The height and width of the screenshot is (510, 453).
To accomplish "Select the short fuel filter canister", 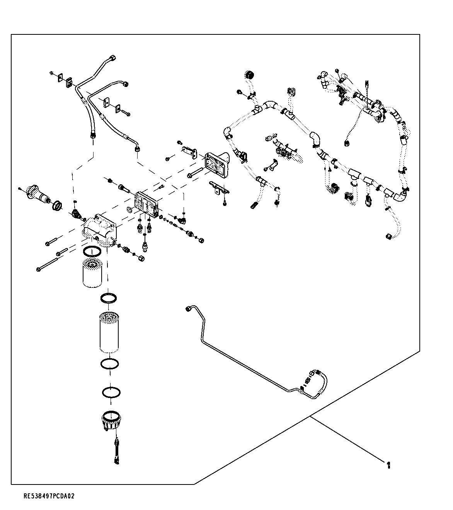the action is (92, 273).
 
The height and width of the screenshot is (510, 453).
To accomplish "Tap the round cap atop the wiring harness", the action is (249, 75).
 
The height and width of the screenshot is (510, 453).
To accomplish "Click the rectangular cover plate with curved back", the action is (217, 164).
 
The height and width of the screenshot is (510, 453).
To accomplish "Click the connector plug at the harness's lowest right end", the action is (389, 236).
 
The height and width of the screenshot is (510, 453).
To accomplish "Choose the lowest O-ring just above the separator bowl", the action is (111, 392).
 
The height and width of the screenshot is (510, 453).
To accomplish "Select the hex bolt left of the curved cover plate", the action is (196, 172).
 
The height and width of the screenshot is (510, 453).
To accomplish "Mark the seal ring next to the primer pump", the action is (57, 206).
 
